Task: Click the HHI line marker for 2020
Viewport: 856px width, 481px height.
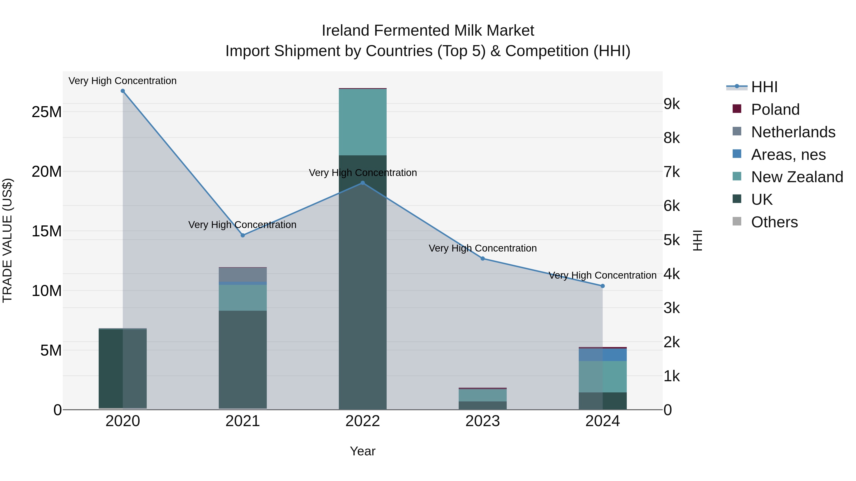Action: [123, 91]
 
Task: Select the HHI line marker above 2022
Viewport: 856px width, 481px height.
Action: [363, 183]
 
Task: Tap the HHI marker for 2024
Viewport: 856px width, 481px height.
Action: [603, 286]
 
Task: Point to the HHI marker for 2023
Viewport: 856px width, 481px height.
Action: [482, 259]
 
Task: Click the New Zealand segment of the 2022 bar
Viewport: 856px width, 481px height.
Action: [363, 122]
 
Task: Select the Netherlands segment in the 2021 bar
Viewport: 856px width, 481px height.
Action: [243, 275]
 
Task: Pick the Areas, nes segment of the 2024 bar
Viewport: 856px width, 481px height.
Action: [603, 355]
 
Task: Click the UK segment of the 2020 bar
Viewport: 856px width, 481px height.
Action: [123, 368]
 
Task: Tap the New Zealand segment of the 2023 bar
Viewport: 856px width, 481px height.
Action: [482, 395]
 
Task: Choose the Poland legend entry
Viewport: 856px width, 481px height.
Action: [775, 110]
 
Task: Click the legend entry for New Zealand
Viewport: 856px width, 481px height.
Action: [797, 177]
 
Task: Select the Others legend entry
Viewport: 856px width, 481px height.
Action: [774, 222]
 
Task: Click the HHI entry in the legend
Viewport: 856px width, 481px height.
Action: [764, 87]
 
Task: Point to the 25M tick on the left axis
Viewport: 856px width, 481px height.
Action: [47, 112]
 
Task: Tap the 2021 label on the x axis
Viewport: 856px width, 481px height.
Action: [243, 421]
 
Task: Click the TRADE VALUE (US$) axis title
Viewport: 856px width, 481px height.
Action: [7, 240]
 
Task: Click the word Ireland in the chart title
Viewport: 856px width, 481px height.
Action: [345, 31]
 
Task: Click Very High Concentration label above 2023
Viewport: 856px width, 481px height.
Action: [482, 248]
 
